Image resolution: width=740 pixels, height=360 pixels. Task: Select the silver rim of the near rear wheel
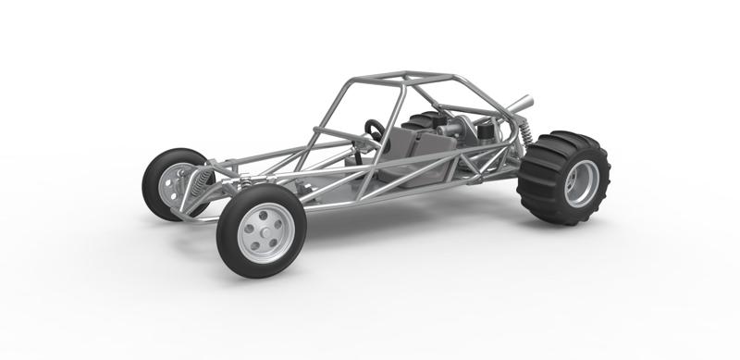pyautogui.click(x=581, y=183)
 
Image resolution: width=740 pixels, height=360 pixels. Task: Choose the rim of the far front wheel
pyautogui.click(x=170, y=185)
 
